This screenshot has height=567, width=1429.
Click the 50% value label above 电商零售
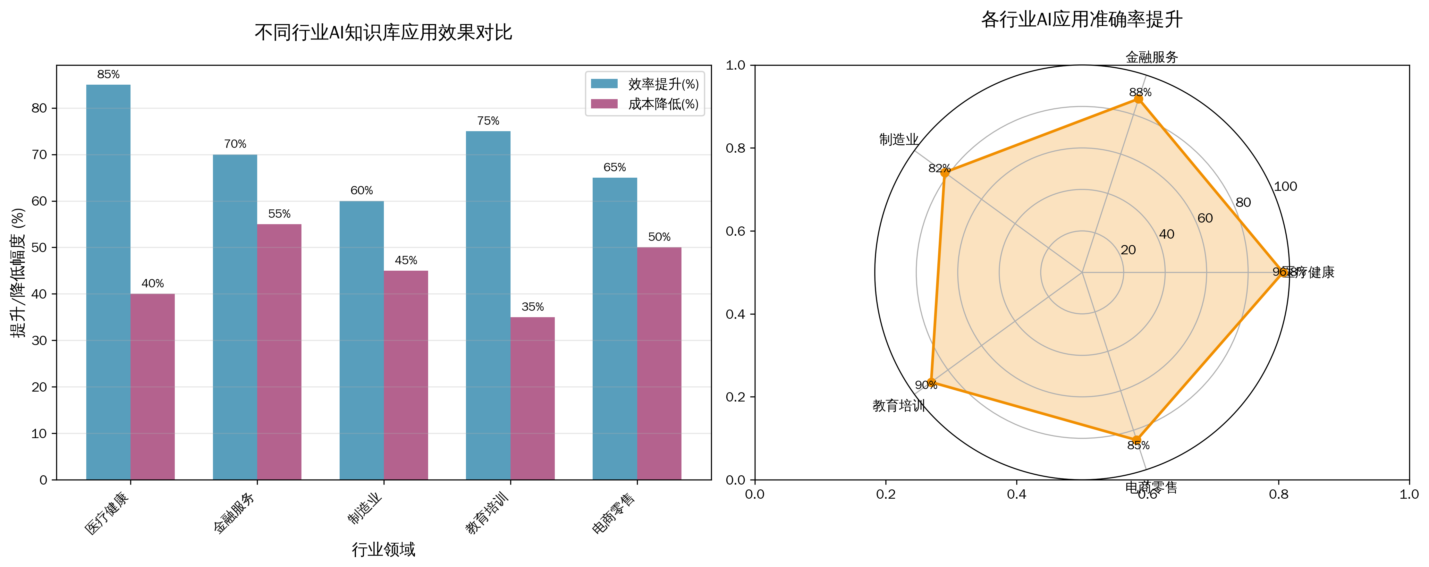click(659, 237)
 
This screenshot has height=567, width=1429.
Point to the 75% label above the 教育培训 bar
click(488, 121)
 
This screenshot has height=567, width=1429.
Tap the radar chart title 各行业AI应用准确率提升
click(1082, 20)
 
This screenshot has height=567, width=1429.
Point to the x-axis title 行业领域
click(383, 549)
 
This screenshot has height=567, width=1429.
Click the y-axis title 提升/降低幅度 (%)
click(18, 272)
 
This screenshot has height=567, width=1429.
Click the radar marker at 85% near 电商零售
click(1137, 441)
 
